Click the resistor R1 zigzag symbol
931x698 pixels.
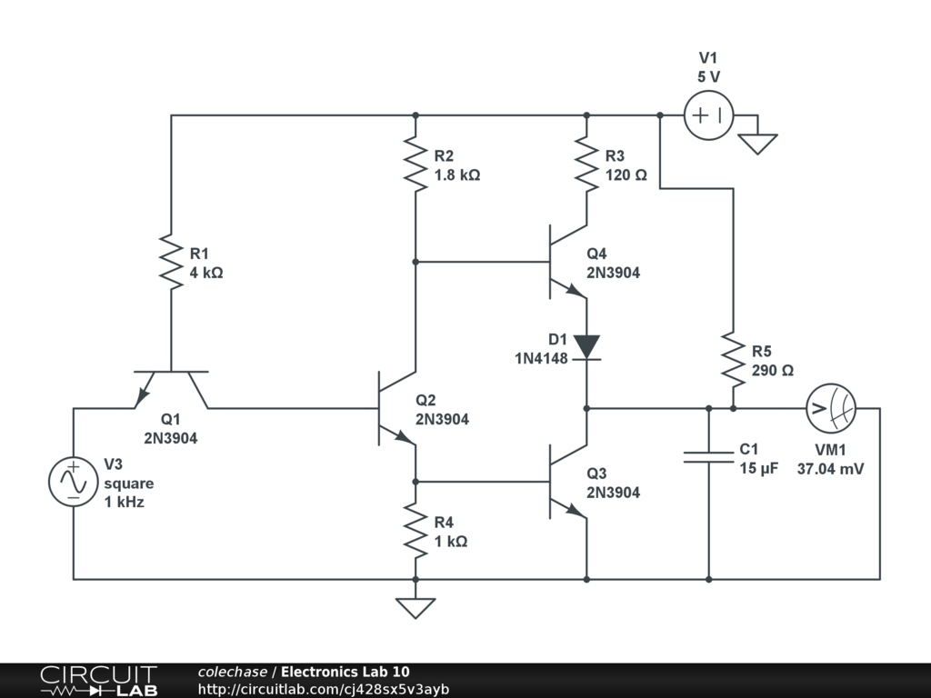click(171, 262)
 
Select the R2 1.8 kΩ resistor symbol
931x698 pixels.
click(415, 165)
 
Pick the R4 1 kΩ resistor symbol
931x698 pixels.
click(415, 532)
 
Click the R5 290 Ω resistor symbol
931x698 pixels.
click(733, 358)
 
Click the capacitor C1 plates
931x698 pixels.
click(709, 455)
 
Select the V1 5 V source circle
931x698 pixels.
click(708, 115)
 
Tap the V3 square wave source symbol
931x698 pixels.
click(73, 482)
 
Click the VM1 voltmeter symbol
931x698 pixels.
click(830, 409)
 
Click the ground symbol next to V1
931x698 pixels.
click(757, 143)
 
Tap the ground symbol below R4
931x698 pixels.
click(415, 607)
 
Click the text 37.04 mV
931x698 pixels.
click(830, 469)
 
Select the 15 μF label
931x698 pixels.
click(758, 469)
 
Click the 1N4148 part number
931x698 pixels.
click(541, 358)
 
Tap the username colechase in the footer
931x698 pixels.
click(232, 672)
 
